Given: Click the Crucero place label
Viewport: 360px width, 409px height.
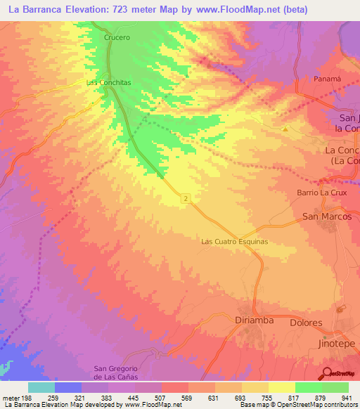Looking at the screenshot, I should point(117,37).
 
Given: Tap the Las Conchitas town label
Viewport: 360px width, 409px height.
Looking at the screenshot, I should point(108,82).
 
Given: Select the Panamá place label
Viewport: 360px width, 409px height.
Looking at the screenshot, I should point(327,79).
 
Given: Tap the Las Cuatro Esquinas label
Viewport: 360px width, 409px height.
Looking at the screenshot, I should point(235,241).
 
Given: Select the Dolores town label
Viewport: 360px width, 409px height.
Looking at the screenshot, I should point(306,323).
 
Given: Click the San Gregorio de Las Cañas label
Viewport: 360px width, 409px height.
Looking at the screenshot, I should point(118,373).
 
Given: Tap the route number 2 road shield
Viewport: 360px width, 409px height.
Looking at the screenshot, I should point(185,200).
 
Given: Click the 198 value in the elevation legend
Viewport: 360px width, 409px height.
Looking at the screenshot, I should point(25,398).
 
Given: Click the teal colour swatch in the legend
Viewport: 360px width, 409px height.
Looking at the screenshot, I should point(41,387).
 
